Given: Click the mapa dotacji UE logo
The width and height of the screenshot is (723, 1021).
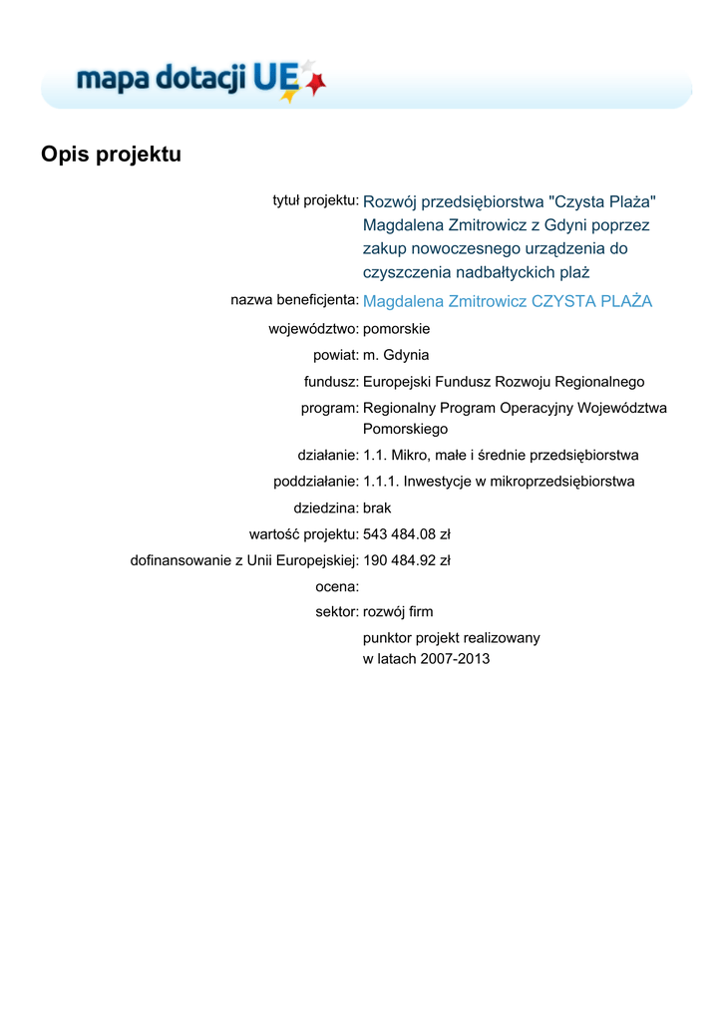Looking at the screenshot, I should tap(200, 79).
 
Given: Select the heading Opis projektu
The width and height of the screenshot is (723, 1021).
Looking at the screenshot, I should tap(111, 155).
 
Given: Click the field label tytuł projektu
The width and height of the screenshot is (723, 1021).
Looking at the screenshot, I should tap(315, 200).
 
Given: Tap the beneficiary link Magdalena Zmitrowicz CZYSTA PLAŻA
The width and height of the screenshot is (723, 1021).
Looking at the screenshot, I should tap(508, 301).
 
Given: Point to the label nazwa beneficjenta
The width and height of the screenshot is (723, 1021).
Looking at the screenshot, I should tap(294, 299).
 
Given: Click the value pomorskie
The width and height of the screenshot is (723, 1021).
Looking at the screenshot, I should tap(397, 328).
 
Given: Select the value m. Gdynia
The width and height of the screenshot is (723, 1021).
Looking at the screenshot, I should tap(396, 355).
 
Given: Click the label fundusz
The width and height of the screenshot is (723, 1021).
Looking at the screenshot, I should tap(331, 382).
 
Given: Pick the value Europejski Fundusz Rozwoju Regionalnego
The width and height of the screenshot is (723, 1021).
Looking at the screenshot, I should tap(504, 382).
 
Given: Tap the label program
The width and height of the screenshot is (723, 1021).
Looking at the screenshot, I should tap(329, 408).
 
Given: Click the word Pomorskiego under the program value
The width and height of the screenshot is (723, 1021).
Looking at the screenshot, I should tap(405, 429).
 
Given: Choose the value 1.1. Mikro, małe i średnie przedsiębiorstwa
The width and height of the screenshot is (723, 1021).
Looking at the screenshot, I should tap(501, 456).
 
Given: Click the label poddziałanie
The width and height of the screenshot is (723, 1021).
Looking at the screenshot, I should tap(316, 482).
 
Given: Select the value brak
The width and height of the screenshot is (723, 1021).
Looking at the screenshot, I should tap(378, 508).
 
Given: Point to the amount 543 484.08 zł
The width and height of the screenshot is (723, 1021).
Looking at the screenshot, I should tap(407, 534).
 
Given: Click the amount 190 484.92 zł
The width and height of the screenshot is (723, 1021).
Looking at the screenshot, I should tap(407, 560).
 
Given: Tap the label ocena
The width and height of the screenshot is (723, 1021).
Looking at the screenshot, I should tap(337, 587).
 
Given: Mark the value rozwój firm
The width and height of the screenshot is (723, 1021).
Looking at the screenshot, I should tap(398, 611).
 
